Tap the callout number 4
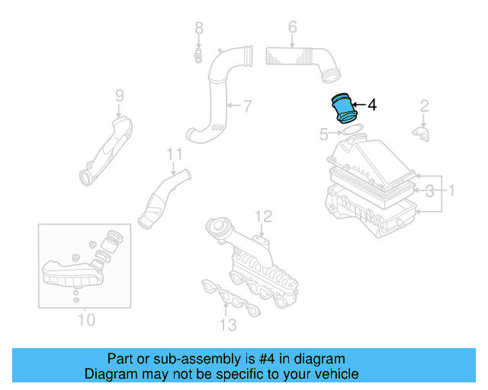tap(372, 105)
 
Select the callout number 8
tap(198, 28)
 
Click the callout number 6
tap(292, 28)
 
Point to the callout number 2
tap(425, 105)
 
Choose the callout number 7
tap(247, 104)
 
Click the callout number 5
tap(323, 135)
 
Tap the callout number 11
tap(175, 154)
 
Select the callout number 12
tap(262, 216)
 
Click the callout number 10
tap(86, 319)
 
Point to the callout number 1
tap(450, 190)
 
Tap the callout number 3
tap(429, 190)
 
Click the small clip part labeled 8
tap(197, 54)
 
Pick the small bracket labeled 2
tap(421, 133)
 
